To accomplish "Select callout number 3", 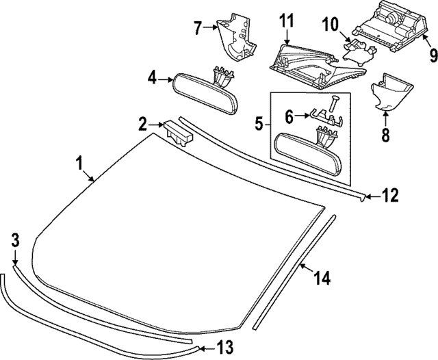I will tap(16, 240).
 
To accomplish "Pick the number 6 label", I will tap(289, 117).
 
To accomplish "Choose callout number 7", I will tap(198, 29).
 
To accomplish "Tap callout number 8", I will tap(385, 136).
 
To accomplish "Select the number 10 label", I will tap(331, 26).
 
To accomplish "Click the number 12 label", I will tap(389, 197).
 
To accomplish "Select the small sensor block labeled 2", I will tap(178, 131).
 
